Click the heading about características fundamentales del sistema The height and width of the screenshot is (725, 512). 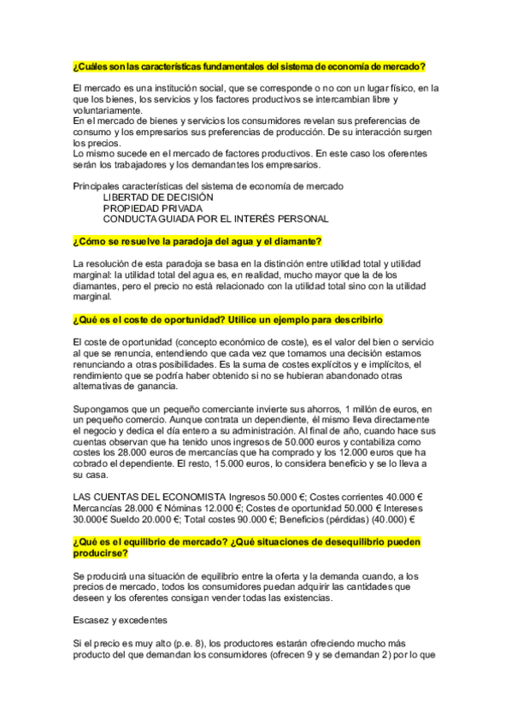pos(250,67)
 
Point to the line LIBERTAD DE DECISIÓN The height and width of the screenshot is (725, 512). pos(158,197)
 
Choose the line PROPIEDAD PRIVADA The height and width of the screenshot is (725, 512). pos(153,208)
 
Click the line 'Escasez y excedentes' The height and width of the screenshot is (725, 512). pos(120,620)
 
